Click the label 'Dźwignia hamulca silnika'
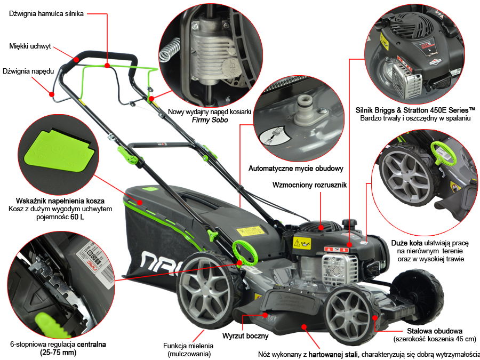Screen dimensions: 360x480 (46, 14)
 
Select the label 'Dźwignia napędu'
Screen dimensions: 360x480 (25, 70)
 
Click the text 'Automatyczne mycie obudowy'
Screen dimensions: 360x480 (295, 169)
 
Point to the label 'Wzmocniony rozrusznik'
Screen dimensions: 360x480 (309, 185)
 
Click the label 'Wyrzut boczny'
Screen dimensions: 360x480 (245, 337)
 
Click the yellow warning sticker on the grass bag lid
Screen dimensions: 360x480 (250, 231)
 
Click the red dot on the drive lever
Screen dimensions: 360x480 (52, 94)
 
